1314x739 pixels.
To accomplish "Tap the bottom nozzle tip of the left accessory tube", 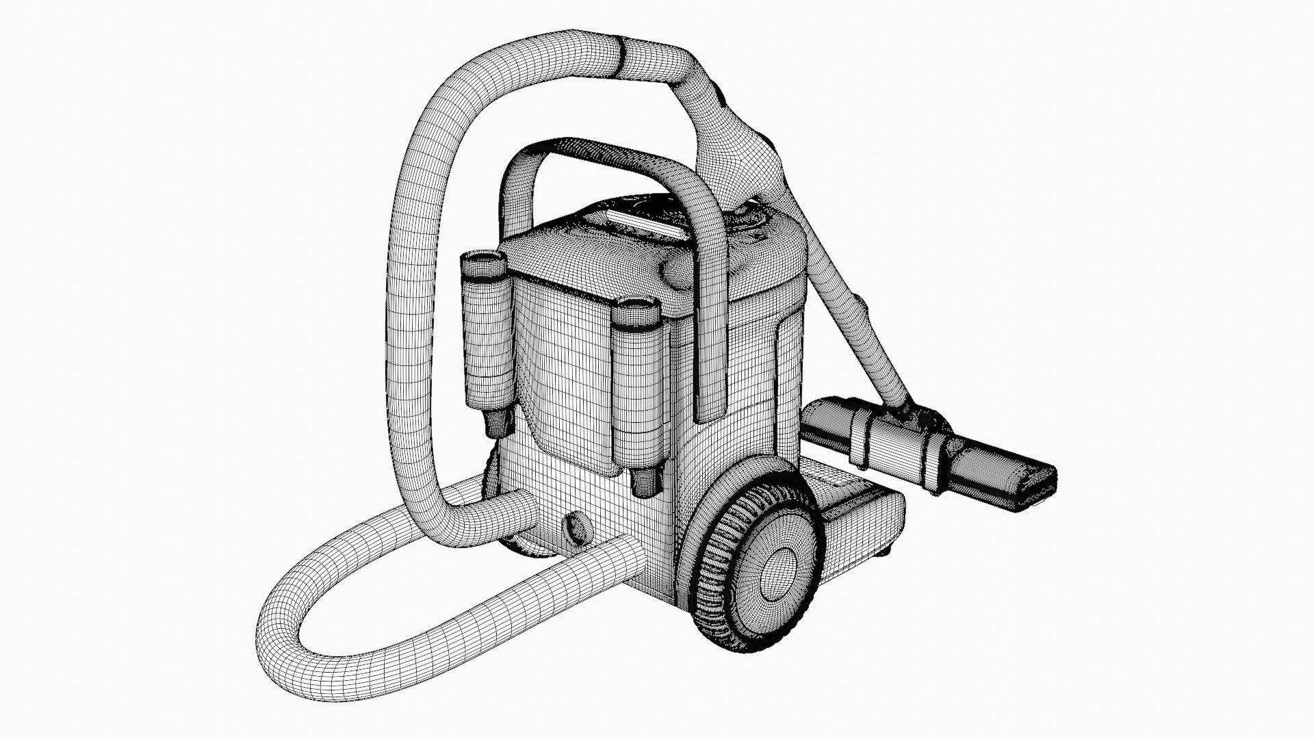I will click(x=498, y=428).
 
